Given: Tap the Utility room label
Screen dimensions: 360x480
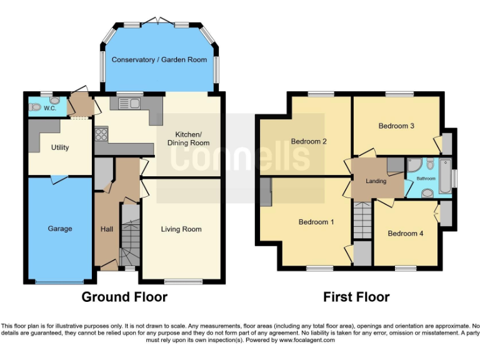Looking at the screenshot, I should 60,147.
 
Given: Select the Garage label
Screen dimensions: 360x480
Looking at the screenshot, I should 60,229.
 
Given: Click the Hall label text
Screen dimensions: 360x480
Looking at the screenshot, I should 107,229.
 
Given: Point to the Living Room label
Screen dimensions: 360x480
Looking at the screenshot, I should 181,229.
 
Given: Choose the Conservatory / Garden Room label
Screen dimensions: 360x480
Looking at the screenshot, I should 159,60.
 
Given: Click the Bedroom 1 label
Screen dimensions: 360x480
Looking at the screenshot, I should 316,222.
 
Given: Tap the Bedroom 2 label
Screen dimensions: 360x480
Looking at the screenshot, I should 309,141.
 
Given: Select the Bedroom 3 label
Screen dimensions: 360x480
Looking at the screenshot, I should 396,126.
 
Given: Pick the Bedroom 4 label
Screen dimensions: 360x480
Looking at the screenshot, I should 406,234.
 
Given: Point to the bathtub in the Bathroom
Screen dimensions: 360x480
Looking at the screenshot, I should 444,176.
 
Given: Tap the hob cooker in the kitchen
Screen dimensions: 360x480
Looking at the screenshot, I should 101,134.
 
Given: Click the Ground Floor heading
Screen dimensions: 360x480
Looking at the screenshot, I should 124,297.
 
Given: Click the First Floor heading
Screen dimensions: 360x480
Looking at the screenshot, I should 356,297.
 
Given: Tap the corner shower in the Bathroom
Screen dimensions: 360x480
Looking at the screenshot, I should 414,166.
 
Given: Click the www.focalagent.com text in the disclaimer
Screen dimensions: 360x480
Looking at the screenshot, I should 307,341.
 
